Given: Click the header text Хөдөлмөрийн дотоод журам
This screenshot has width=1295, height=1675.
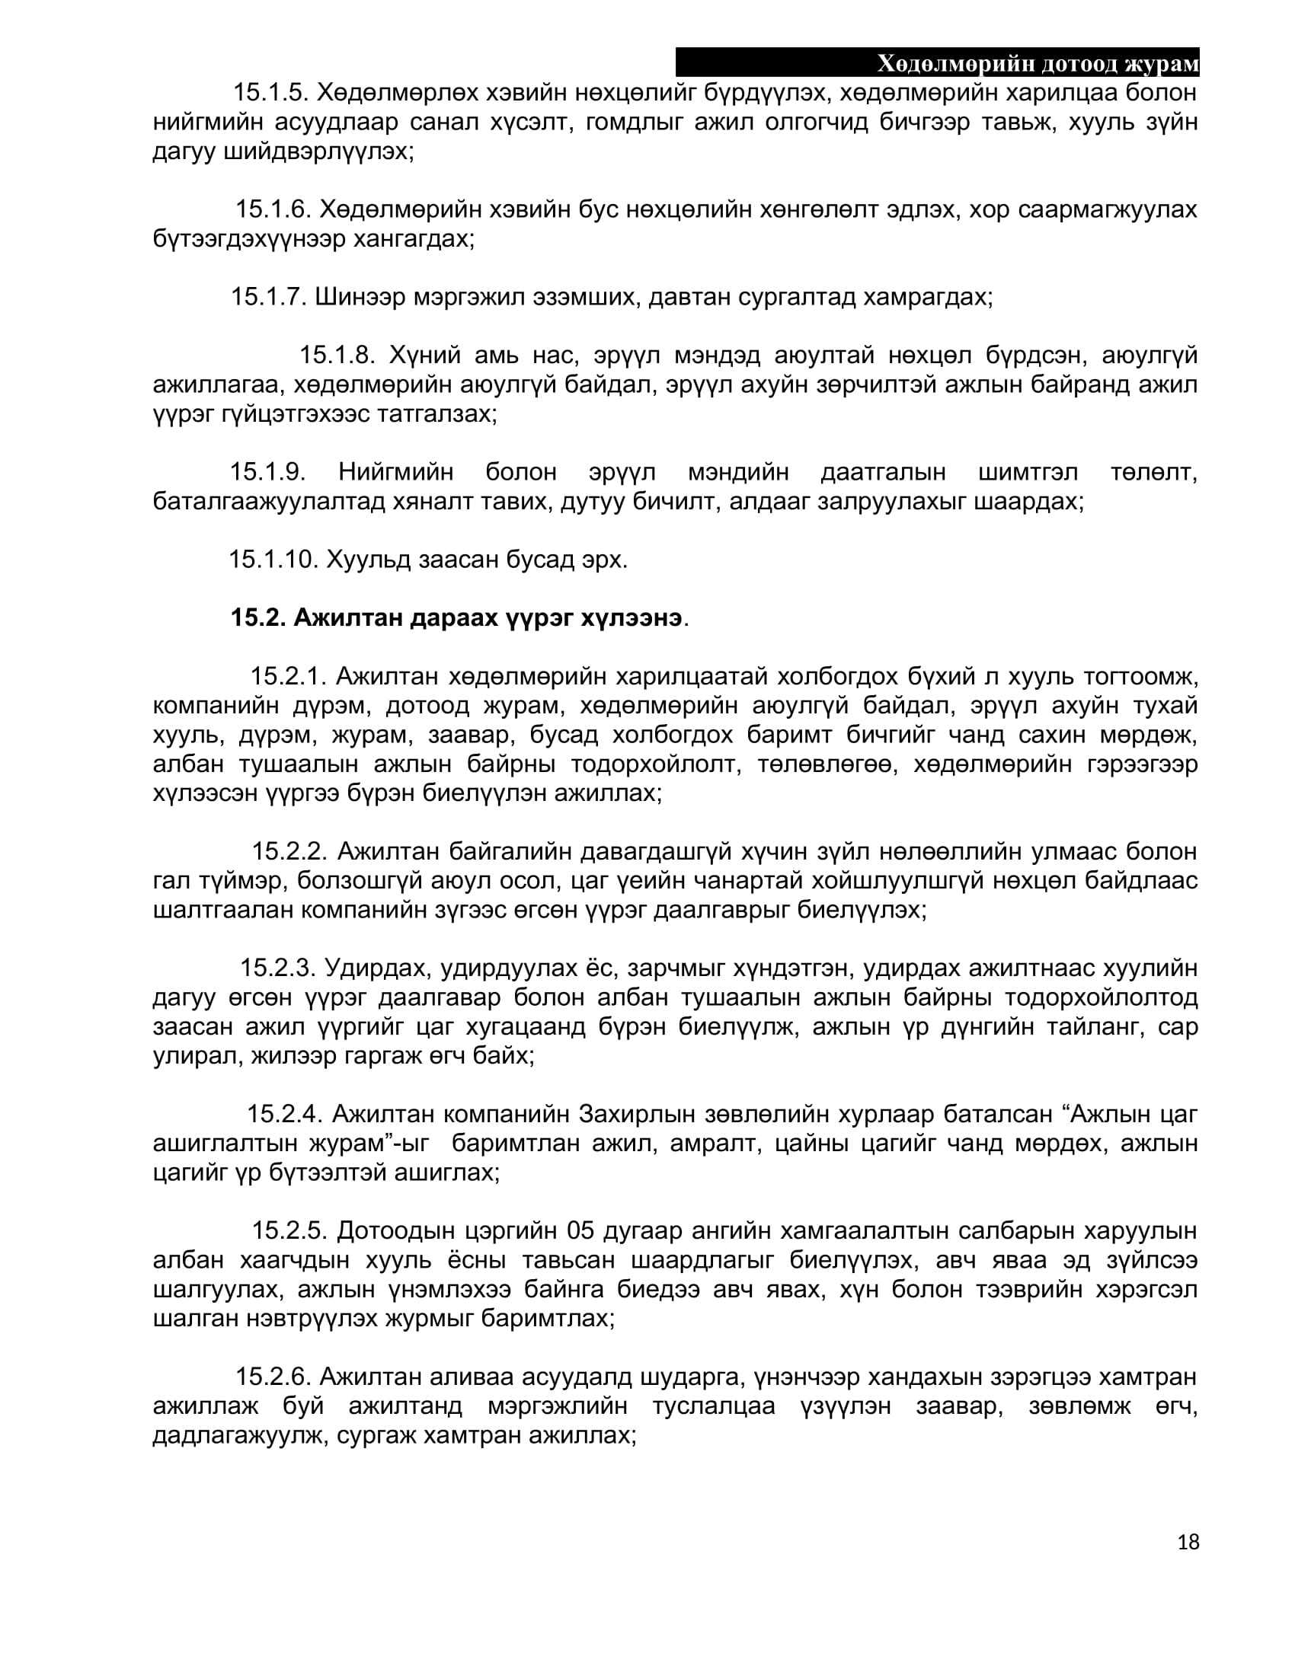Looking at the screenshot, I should click(1038, 64).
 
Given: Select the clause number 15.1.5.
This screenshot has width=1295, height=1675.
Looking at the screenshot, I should click(270, 93).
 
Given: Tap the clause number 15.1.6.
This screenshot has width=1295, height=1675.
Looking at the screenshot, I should click(273, 209).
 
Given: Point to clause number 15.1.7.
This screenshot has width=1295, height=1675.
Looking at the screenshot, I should click(268, 297).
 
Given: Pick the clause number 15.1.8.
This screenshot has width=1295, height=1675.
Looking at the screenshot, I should click(336, 356).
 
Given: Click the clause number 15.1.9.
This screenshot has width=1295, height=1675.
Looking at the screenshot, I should click(267, 472).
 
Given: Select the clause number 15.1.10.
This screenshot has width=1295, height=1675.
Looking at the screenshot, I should click(273, 560).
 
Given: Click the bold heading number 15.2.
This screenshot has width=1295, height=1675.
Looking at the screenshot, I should click(257, 618).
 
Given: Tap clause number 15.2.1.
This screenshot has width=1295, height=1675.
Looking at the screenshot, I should click(289, 676).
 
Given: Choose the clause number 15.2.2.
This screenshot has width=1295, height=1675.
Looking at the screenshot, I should click(290, 851).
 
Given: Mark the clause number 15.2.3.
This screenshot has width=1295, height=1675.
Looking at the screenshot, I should click(278, 968).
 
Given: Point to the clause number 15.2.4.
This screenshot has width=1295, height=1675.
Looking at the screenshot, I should click(285, 1114).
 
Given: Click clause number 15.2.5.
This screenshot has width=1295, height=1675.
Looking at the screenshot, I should click(290, 1231).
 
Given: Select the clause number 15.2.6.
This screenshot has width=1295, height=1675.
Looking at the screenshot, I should click(273, 1377).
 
